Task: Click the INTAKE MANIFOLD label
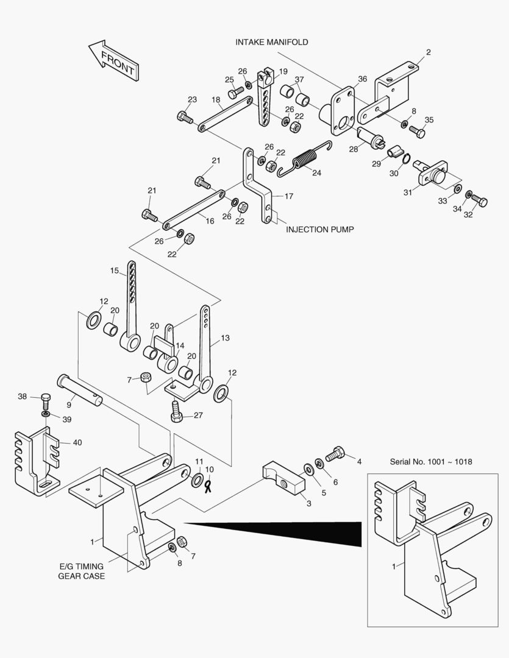point(271,43)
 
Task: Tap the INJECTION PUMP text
point(320,230)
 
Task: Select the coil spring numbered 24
point(304,161)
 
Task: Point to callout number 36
point(362,79)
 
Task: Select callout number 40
point(77,443)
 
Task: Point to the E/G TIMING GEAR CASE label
point(81,571)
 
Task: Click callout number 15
point(113,271)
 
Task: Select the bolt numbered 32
point(479,202)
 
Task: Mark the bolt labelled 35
point(418,130)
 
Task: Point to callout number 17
point(288,197)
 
